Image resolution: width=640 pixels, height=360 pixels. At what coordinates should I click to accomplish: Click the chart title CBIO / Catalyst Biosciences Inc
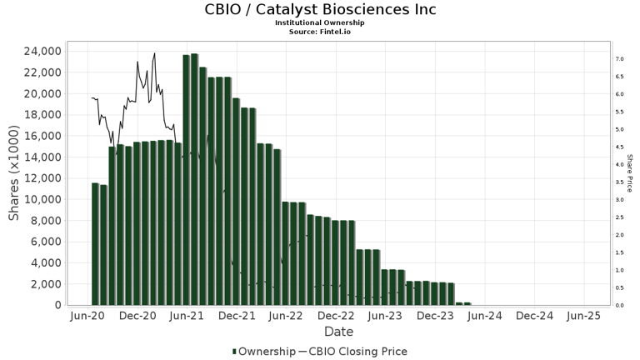pyautogui.click(x=320, y=10)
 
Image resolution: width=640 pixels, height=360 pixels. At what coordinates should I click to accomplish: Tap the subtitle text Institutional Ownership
pyautogui.click(x=320, y=22)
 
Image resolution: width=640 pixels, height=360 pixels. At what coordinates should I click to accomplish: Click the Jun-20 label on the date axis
pyautogui.click(x=88, y=317)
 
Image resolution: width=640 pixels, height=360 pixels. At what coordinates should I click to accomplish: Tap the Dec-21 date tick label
pyautogui.click(x=237, y=317)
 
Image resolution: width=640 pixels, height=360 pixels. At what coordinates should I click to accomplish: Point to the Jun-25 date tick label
pyautogui.click(x=583, y=317)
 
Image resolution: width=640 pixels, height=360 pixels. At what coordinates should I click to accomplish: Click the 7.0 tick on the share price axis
pyautogui.click(x=620, y=59)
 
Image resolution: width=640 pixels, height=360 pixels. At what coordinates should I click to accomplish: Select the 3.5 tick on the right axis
pyautogui.click(x=620, y=182)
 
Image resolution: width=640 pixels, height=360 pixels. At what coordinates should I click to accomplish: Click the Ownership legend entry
pyautogui.click(x=262, y=352)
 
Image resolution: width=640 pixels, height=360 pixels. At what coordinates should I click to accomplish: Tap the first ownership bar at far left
pyautogui.click(x=95, y=244)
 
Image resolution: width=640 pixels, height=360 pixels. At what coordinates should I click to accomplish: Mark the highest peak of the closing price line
pyautogui.click(x=154, y=53)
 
